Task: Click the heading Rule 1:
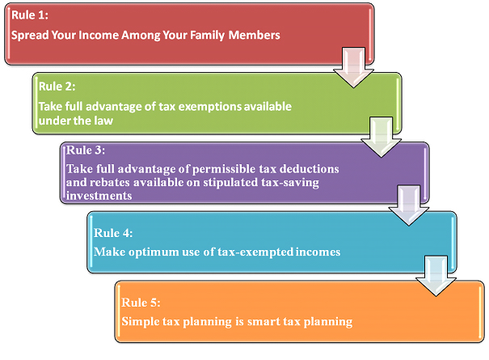pos(30,15)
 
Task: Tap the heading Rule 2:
pos(57,87)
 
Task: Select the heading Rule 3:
pos(86,150)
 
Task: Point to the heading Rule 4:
pos(113,233)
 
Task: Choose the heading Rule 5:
pos(141,303)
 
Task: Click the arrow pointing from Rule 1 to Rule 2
pos(354,67)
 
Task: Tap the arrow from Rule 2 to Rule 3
pos(381,137)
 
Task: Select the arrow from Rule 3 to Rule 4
pos(408,205)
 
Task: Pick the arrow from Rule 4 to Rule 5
pos(436,276)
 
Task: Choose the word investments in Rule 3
pos(99,196)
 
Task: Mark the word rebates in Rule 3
pos(109,182)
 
